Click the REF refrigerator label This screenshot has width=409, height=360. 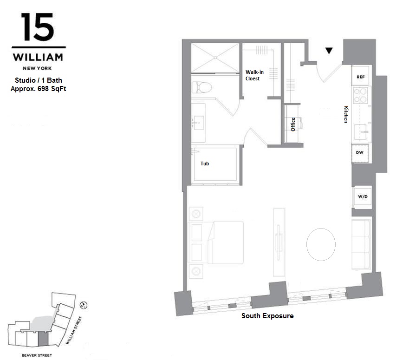point(360,77)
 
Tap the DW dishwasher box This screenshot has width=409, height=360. point(360,152)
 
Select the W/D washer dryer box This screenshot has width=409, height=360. point(362,196)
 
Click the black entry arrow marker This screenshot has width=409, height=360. point(329,51)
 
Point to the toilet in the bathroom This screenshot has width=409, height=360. point(202,87)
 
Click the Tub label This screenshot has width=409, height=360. point(205,164)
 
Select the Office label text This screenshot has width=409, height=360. point(293,124)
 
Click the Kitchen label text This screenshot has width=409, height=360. point(346,114)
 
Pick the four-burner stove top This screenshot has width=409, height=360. point(361,95)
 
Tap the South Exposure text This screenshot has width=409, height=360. point(267,316)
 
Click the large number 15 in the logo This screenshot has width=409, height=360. point(38,27)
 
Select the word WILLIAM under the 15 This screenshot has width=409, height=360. point(38,58)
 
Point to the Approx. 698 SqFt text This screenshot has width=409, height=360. point(38,88)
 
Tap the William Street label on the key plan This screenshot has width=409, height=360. point(74,331)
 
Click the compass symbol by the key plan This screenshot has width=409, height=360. point(84,305)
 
